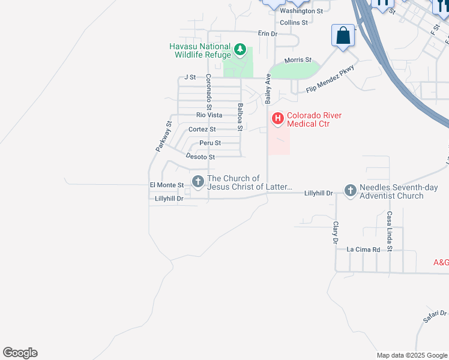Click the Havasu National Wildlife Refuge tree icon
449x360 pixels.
240,50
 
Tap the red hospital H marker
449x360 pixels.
278,119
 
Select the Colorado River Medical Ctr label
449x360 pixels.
309,119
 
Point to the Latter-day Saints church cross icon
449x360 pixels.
197,181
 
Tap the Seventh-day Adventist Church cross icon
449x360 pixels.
351,191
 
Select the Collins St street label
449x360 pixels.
294,22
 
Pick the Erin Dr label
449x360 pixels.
267,34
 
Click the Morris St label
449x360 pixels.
298,60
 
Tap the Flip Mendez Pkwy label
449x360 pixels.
330,79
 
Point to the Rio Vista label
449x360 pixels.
209,115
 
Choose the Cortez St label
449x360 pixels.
202,129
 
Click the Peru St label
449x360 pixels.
210,143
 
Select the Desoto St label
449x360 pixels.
200,157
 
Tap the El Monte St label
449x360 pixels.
166,185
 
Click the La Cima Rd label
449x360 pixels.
364,249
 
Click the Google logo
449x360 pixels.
20,353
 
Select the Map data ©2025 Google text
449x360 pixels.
412,355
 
